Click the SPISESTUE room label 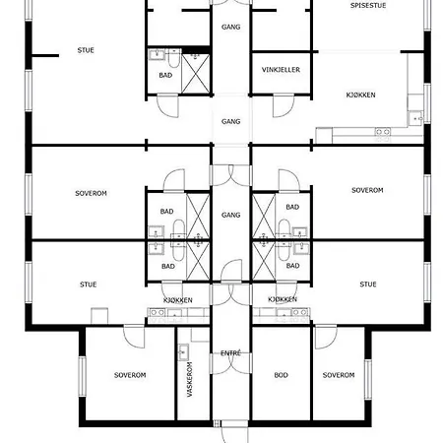[368, 6]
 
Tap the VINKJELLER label [281, 70]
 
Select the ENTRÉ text [230, 353]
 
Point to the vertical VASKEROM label [190, 379]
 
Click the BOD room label [281, 375]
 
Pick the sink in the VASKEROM [183, 352]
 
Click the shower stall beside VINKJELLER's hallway [196, 74]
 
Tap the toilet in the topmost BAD [174, 58]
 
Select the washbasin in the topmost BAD [157, 54]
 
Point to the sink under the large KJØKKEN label [416, 118]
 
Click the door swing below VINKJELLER [284, 105]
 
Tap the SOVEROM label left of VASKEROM [130, 375]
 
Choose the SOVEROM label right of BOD [339, 375]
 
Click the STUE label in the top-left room [86, 50]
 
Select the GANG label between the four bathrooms [230, 215]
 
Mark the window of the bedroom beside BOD [368, 379]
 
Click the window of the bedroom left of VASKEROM [82, 376]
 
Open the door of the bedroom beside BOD [326, 337]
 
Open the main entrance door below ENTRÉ [234, 431]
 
